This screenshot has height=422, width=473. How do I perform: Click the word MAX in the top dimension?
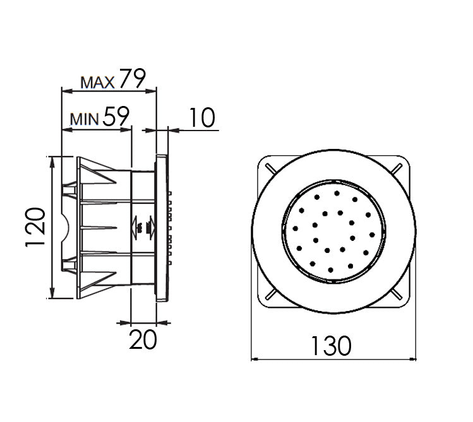[x=97, y=81]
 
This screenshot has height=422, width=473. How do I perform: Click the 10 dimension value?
[x=200, y=117]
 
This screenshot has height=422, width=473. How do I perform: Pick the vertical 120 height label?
[x=35, y=226]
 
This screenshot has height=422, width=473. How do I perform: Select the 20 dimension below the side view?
[x=143, y=340]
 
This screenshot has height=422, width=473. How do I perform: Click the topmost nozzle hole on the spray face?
[x=337, y=193]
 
